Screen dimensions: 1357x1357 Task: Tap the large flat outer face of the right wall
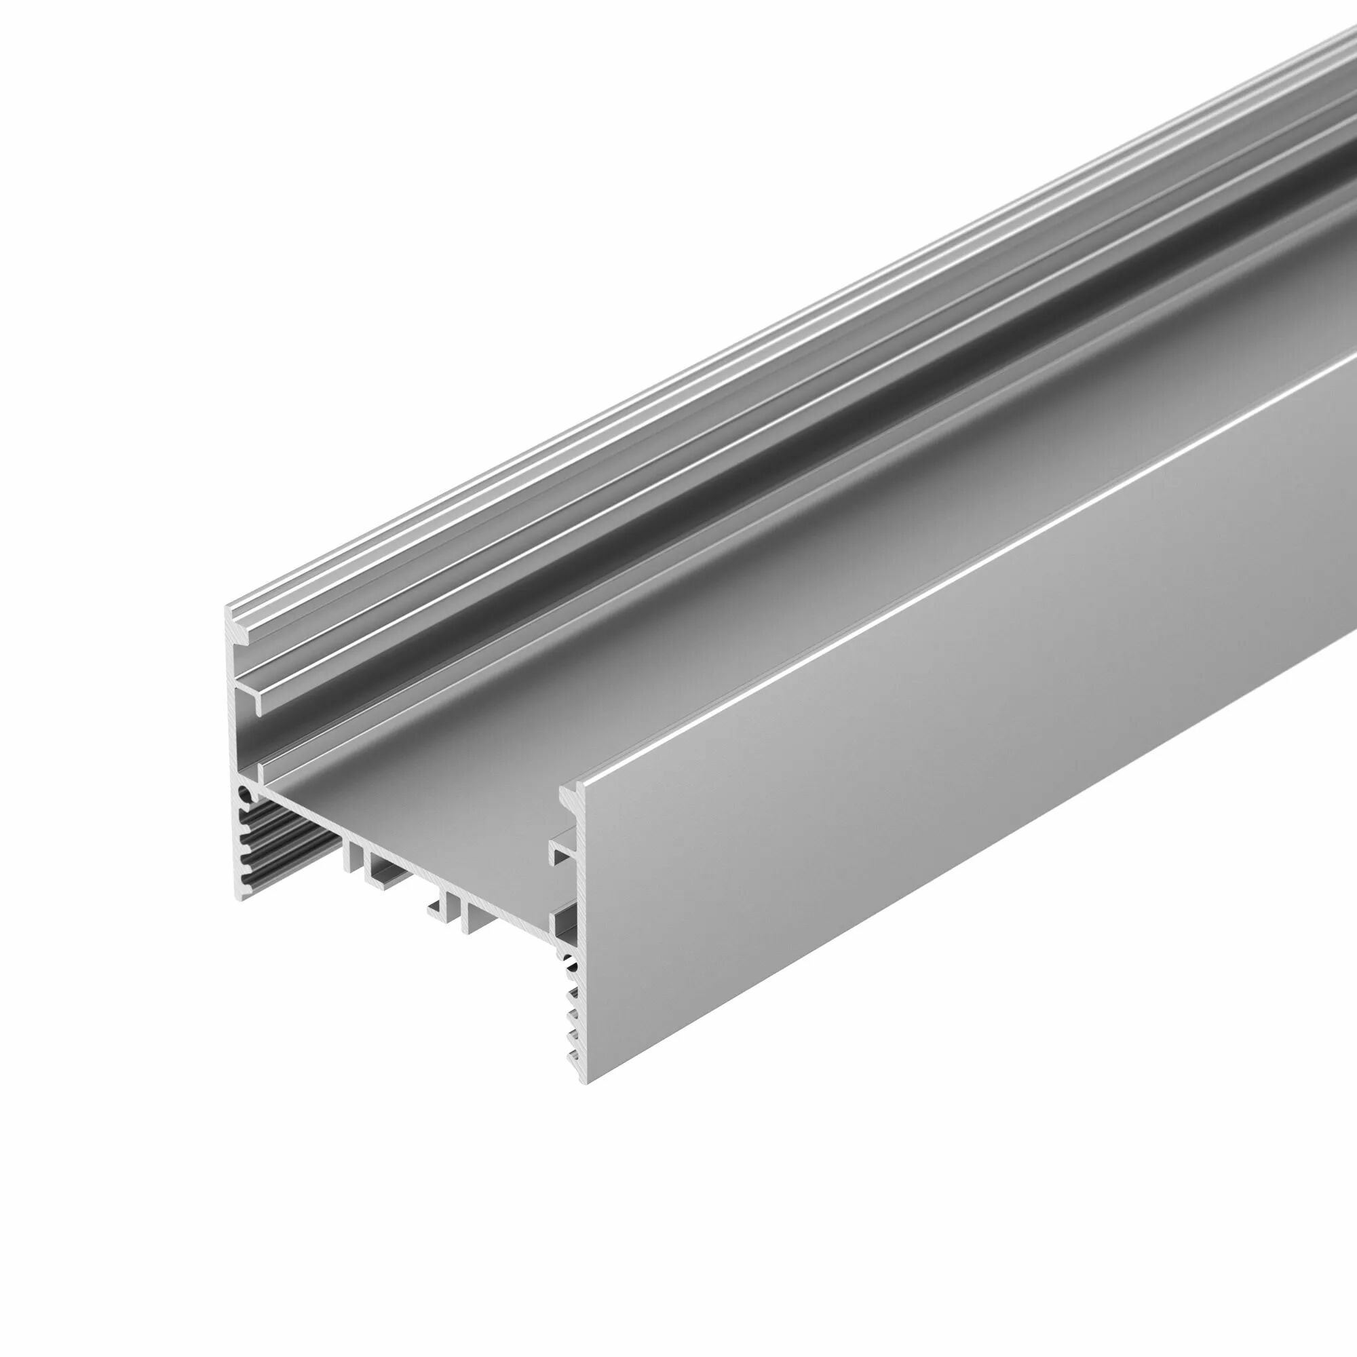tap(913, 773)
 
